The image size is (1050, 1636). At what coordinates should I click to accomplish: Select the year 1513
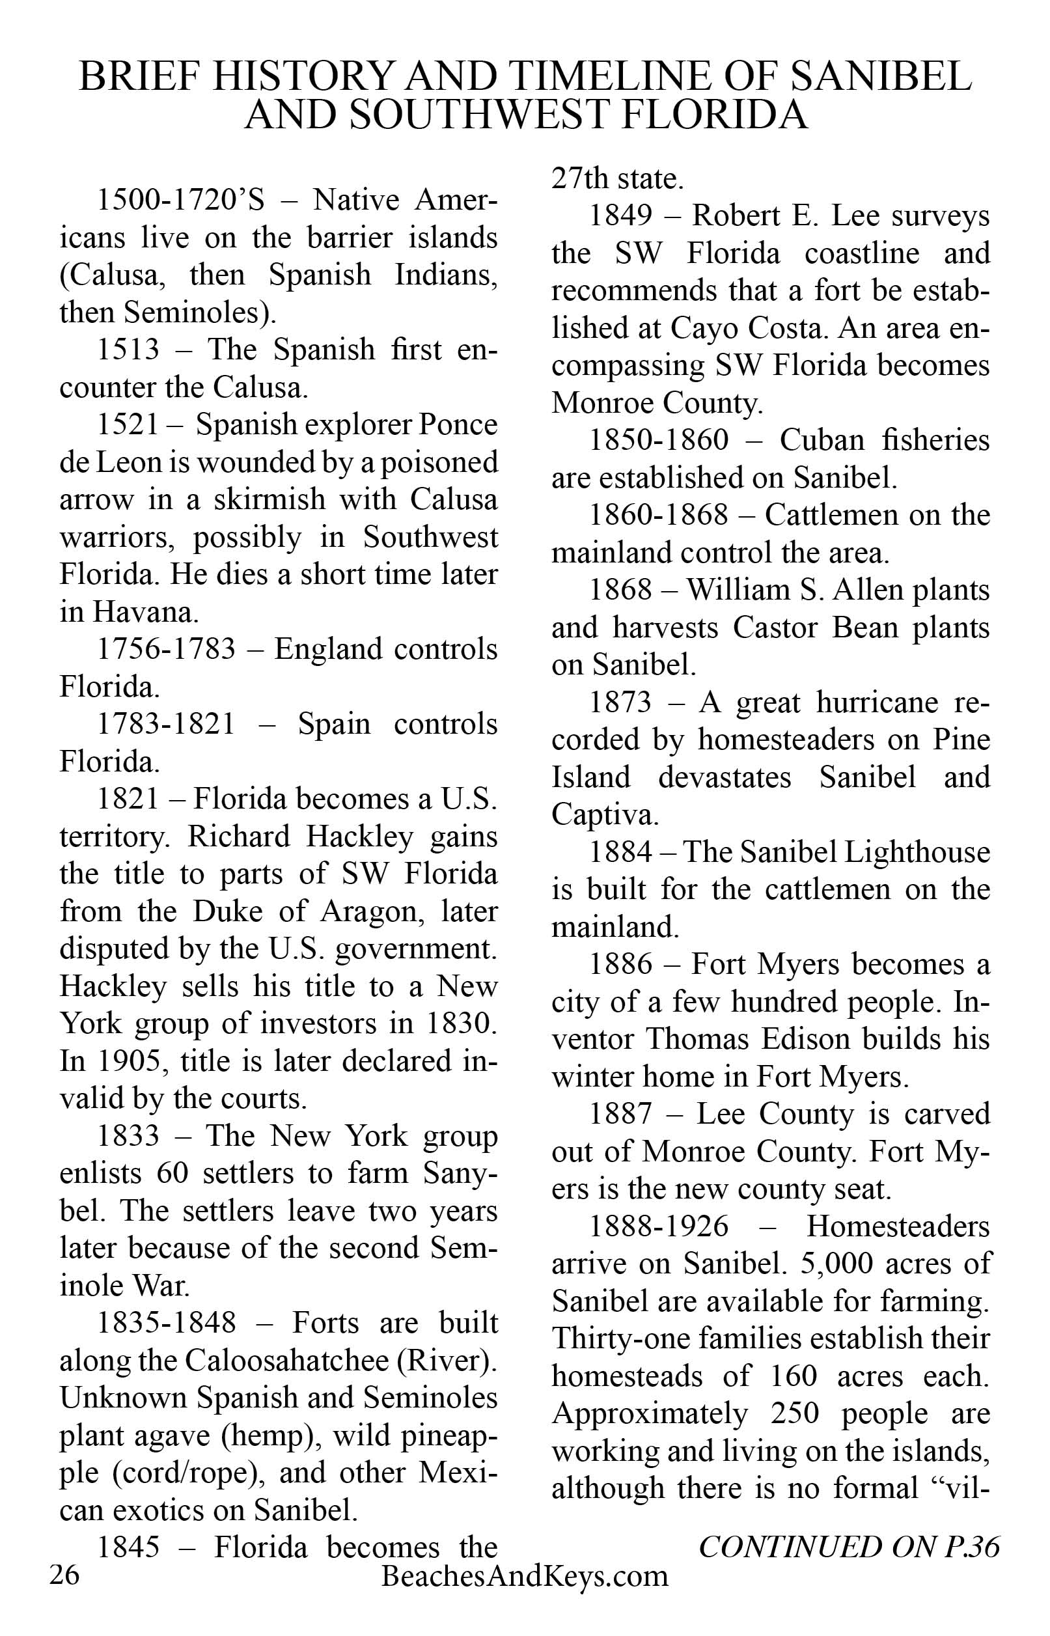click(x=128, y=350)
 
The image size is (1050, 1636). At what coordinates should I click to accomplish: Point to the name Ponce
click(x=458, y=424)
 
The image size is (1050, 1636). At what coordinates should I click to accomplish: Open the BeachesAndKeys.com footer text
click(x=525, y=1577)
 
